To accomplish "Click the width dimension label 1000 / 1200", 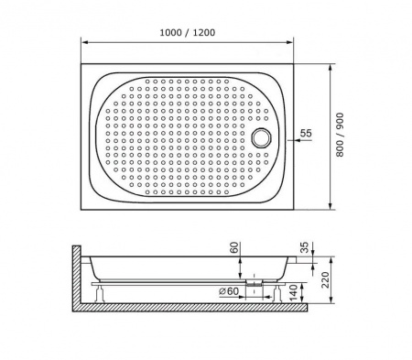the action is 188,32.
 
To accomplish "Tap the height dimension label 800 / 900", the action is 340,135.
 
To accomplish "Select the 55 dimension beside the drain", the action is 306,133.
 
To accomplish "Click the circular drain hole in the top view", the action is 261,137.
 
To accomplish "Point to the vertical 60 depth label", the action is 234,247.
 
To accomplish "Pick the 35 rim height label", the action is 305,247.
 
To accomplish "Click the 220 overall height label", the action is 325,279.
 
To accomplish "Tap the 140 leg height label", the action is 293,292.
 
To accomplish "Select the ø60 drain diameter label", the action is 229,291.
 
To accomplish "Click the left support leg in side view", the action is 99,293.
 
